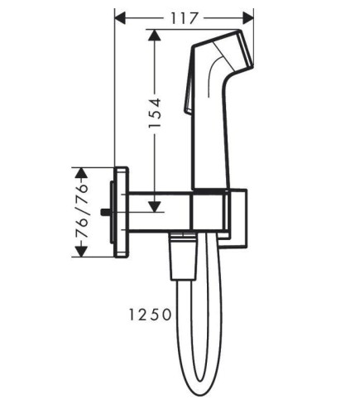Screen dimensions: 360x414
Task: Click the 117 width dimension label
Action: (x=184, y=18)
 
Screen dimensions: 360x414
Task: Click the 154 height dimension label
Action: (x=155, y=113)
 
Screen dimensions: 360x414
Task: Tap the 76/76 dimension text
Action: (x=81, y=211)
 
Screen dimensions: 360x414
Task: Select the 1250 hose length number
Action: (x=151, y=315)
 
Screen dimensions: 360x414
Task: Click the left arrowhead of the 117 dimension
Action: (x=120, y=18)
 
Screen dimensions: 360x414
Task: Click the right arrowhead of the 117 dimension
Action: (x=247, y=18)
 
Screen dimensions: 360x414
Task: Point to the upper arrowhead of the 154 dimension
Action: (x=155, y=36)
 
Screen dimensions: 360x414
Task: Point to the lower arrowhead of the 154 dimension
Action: (x=155, y=206)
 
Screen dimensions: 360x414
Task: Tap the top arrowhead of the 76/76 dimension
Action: (x=81, y=173)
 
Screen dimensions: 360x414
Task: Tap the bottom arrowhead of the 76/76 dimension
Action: (x=81, y=251)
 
